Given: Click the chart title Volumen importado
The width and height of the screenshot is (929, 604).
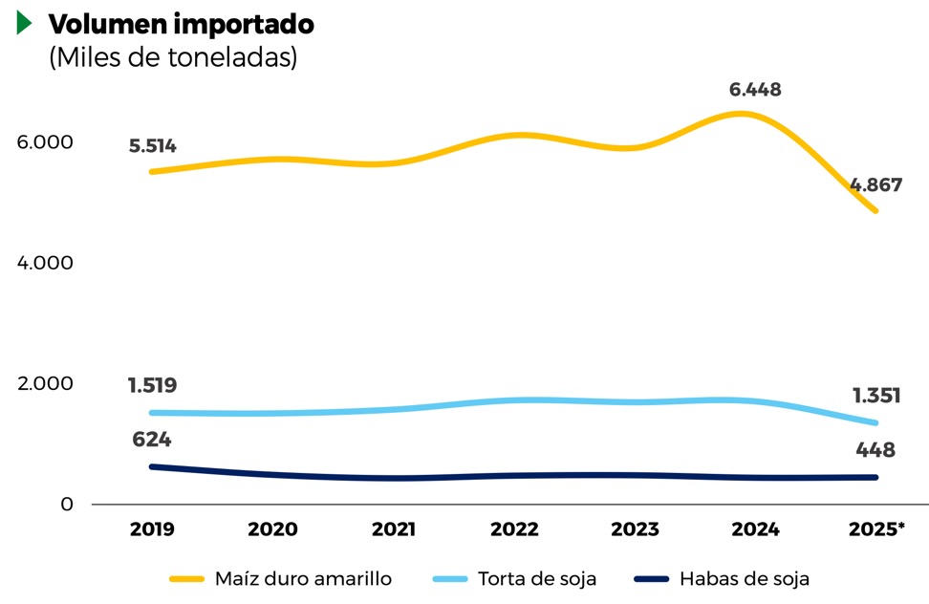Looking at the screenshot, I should [181, 24].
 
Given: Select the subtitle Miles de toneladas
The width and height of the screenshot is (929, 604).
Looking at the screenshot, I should [173, 57].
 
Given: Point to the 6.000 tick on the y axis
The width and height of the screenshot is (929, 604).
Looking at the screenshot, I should [45, 141].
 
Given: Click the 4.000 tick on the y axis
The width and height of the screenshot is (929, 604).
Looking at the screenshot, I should [45, 262].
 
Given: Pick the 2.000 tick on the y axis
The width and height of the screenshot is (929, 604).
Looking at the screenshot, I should [45, 383].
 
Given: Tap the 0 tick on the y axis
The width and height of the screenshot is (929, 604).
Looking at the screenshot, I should [67, 504].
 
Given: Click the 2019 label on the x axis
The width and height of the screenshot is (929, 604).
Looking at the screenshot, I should [152, 529].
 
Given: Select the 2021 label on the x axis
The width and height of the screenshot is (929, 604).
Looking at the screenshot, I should [394, 529].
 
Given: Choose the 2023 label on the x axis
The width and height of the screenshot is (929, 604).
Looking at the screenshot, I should [635, 529].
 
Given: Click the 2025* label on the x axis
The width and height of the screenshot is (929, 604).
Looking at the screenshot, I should [876, 529].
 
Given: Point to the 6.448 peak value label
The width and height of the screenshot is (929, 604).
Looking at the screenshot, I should [755, 90].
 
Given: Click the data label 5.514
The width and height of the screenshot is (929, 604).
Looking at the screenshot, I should [152, 146].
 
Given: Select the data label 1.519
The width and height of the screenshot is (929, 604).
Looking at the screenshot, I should [152, 386].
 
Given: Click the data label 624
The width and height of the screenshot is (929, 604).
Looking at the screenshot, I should [152, 440].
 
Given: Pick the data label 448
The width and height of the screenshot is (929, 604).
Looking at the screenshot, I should [875, 449].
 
